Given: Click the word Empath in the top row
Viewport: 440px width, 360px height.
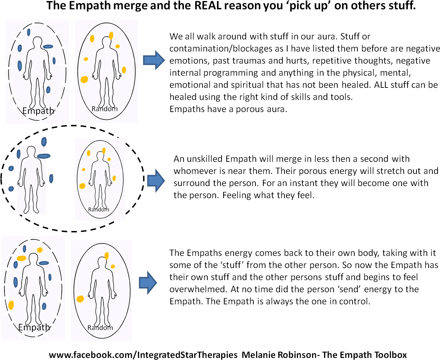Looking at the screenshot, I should coord(38,111).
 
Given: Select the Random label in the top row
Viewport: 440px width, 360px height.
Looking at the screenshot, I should coord(104,109).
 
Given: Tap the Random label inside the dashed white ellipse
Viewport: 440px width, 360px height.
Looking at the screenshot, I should coord(99,210).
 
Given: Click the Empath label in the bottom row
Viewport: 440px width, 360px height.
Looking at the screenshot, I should coord(34,327).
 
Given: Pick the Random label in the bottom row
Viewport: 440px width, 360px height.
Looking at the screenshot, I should coord(100,327).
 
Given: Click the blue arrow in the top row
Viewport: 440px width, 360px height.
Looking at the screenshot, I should coord(154,60).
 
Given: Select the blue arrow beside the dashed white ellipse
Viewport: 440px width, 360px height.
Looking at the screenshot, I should coord(156,181).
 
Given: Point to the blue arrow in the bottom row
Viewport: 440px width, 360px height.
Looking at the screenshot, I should coord(148,283).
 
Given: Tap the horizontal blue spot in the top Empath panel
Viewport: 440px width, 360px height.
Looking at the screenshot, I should coord(48,46).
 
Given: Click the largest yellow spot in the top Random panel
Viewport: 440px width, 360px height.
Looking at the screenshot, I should coord(84,80).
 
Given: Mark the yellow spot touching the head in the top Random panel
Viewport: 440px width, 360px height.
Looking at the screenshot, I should coord(111,35).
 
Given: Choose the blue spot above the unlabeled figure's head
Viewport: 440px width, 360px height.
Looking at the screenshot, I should coord(44,141).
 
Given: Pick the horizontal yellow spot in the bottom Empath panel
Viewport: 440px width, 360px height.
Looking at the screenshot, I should coord(21,258).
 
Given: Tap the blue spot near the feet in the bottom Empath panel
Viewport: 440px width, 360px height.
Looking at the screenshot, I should coord(44,306).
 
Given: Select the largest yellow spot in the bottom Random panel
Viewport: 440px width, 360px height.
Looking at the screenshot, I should coord(80,299).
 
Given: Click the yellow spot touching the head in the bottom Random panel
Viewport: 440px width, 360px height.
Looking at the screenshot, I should coord(106,256).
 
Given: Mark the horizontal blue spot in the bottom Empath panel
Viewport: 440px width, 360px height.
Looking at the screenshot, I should coord(44,263).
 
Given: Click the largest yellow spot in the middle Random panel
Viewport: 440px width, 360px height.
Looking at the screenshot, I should coord(82,186).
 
